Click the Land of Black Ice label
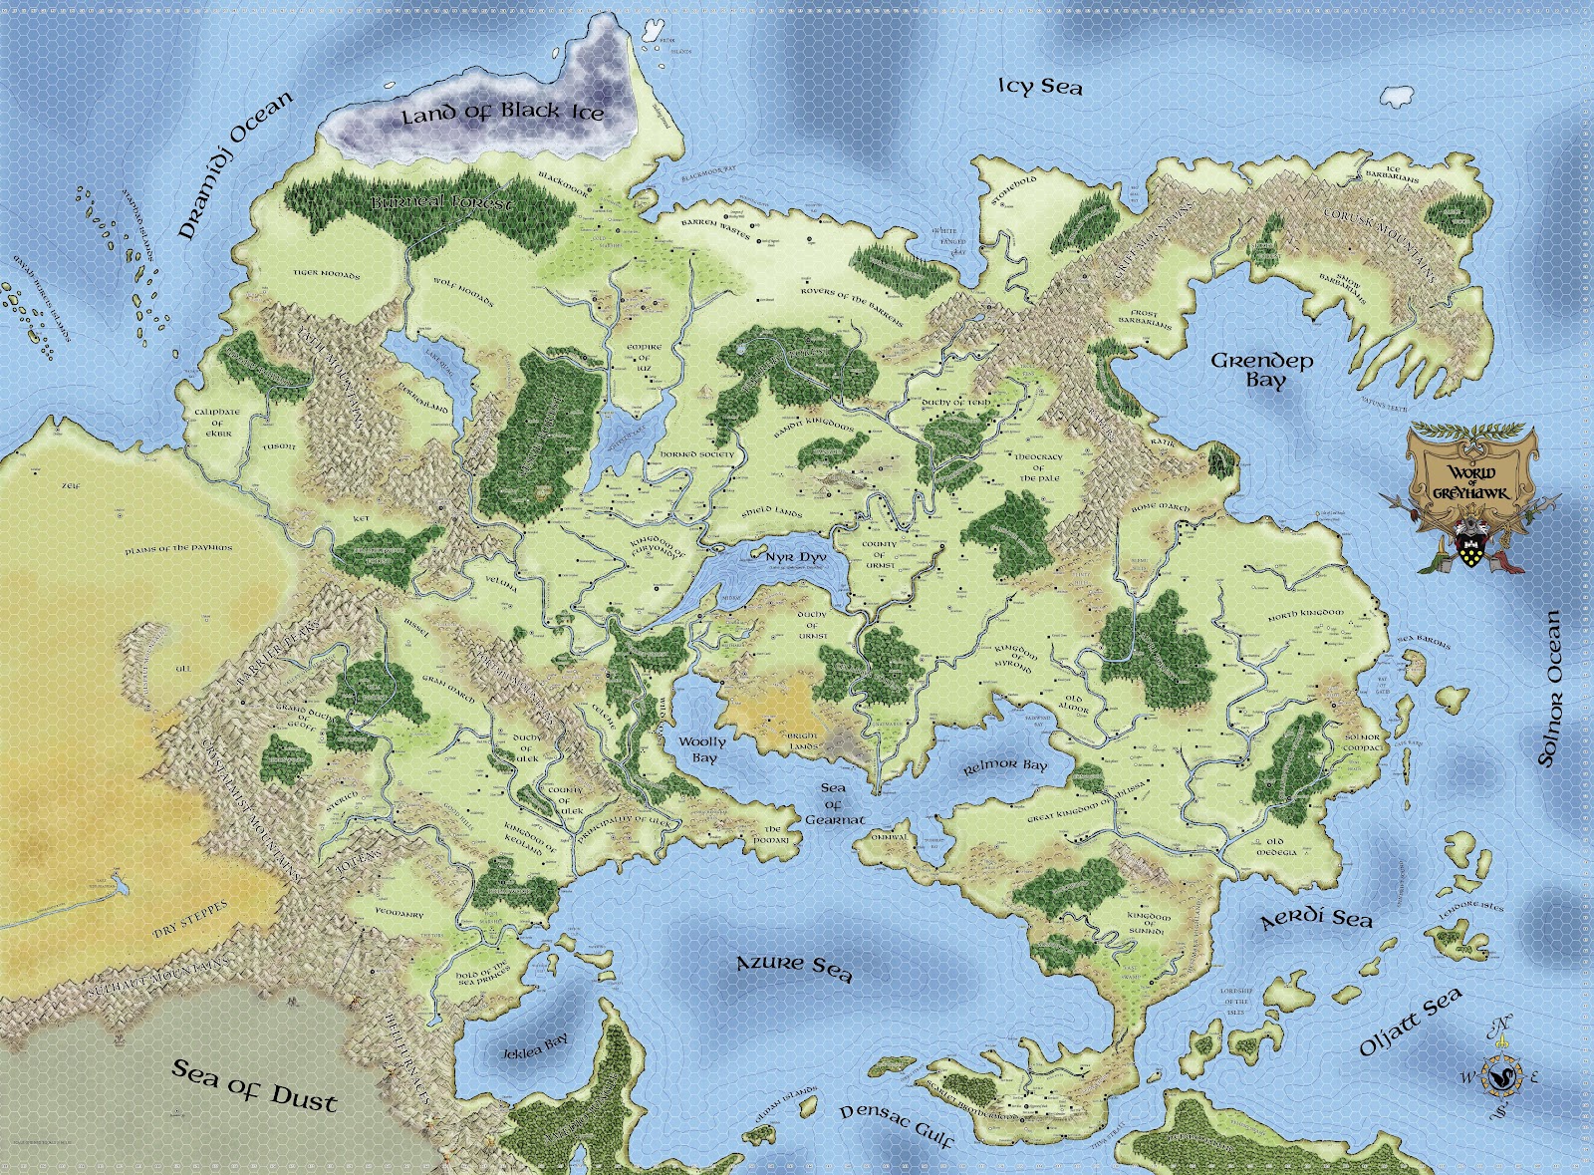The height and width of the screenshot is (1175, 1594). click(502, 112)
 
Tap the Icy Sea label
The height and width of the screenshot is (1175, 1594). click(1040, 87)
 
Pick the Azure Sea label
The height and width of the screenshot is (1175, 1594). click(794, 967)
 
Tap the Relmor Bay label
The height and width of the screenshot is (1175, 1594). click(1005, 765)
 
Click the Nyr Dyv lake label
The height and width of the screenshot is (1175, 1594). click(794, 555)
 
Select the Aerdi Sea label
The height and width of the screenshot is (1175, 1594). click(1316, 917)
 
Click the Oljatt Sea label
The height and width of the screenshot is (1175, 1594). click(1411, 1022)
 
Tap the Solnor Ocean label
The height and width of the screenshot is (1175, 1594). click(1550, 689)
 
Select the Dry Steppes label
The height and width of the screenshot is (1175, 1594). click(190, 919)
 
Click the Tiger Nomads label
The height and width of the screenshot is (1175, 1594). click(326, 273)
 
